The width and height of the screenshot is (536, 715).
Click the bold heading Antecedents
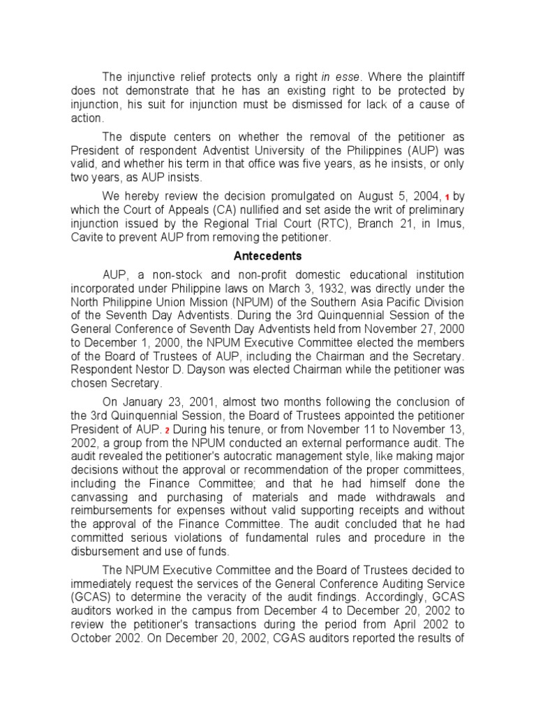267,256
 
